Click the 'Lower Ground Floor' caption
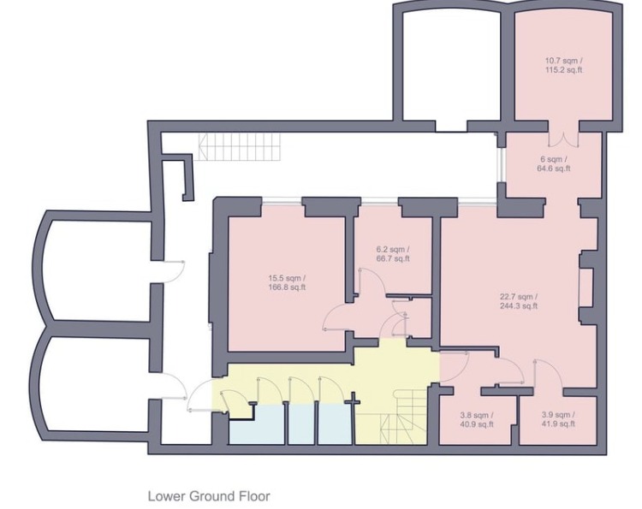coord(209,495)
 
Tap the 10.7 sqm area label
coord(563,65)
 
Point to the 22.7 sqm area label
coord(518,301)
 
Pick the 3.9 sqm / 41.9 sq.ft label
coord(557,420)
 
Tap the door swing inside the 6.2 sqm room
coord(368,281)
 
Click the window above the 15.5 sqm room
coord(282,201)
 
